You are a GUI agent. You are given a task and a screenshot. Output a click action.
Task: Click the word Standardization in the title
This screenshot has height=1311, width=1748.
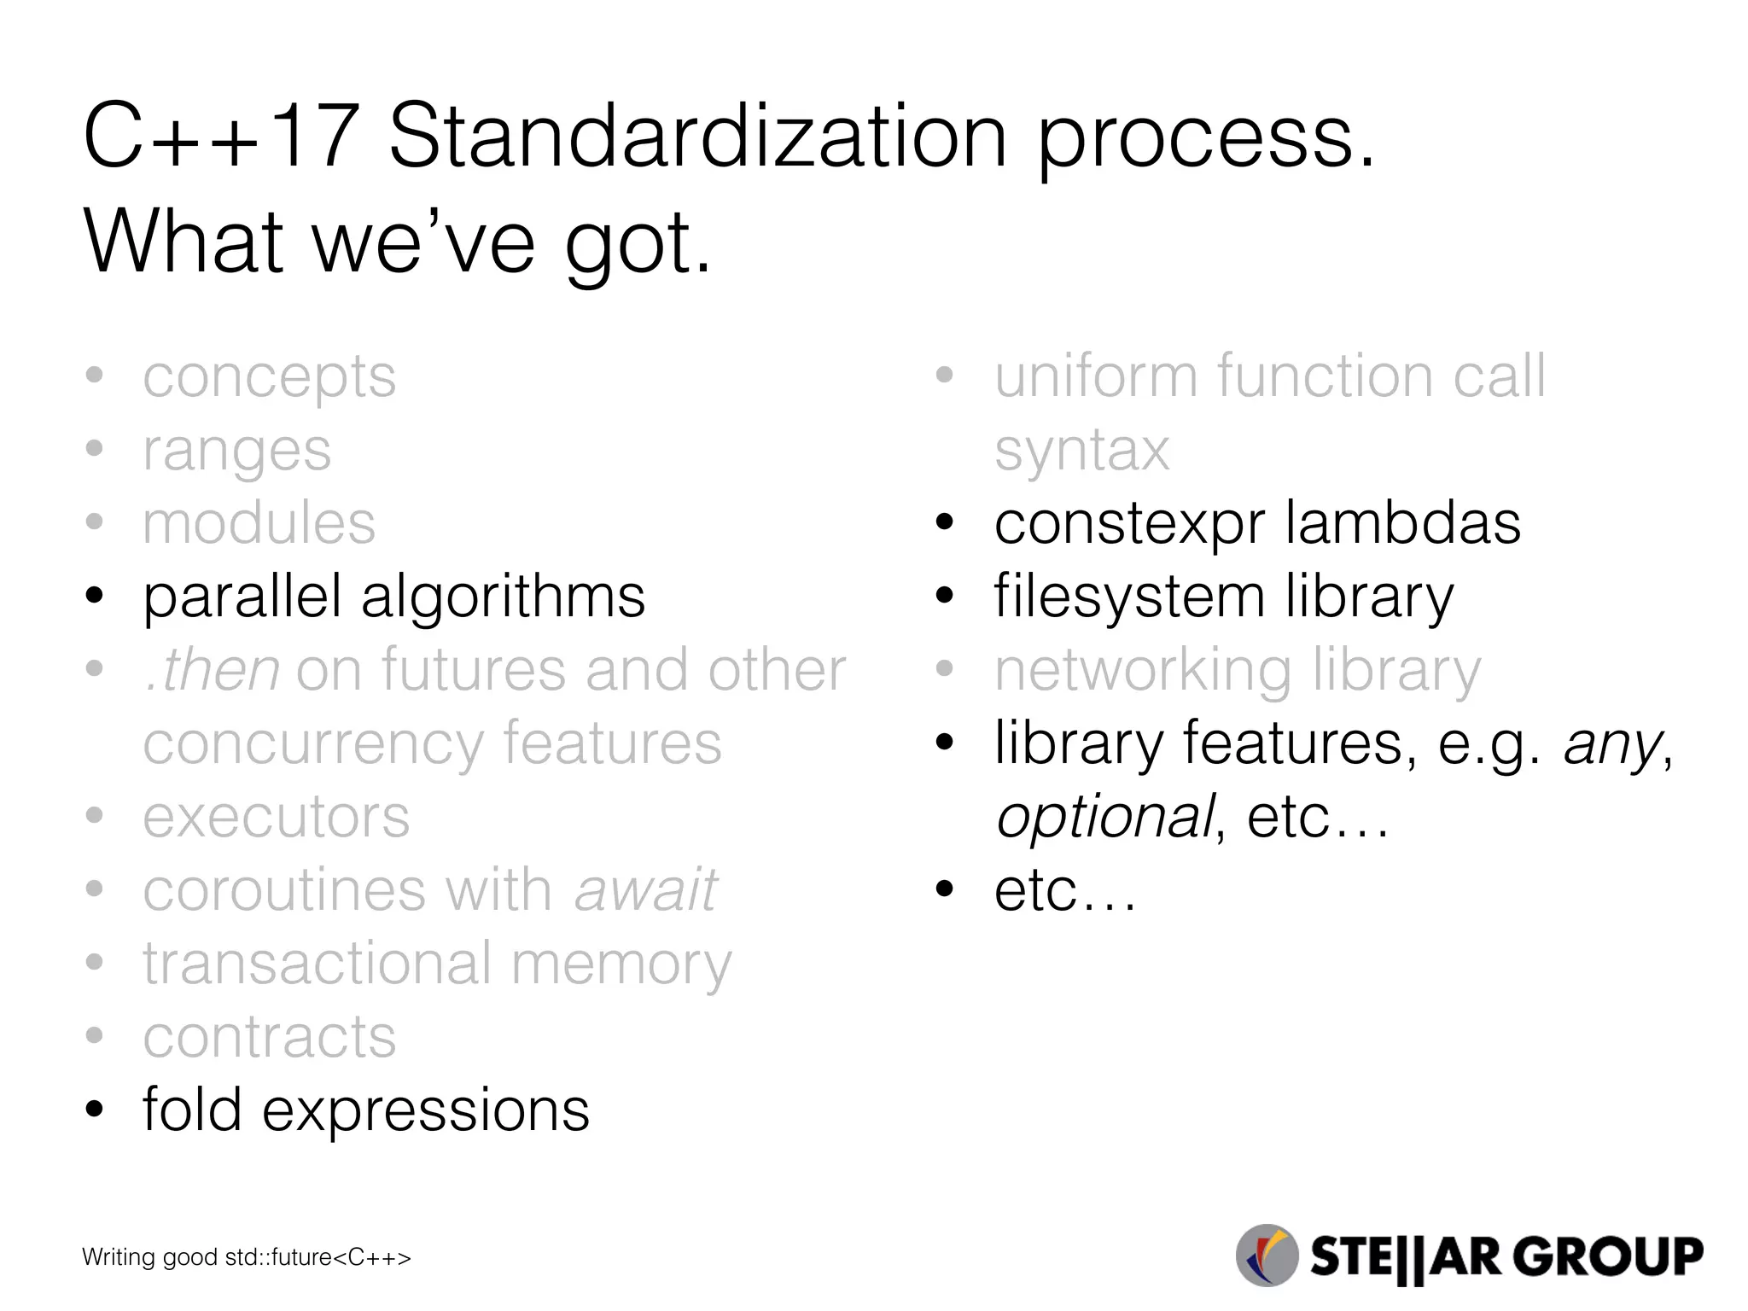click(x=697, y=137)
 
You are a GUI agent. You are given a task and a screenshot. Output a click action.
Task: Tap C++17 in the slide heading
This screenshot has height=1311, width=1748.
click(x=219, y=137)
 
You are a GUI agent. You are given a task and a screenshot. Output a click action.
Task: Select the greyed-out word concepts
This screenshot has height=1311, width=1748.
click(x=269, y=377)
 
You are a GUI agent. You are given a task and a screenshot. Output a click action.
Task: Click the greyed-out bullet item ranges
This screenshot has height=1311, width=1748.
click(x=236, y=451)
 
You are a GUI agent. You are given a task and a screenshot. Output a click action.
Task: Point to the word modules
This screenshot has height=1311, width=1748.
click(x=259, y=523)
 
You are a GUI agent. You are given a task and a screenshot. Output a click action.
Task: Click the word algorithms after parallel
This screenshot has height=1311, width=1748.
click(x=503, y=597)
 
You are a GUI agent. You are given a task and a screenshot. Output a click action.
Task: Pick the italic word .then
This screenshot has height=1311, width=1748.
click(x=213, y=670)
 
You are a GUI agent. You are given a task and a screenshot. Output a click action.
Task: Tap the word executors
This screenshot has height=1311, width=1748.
click(x=276, y=817)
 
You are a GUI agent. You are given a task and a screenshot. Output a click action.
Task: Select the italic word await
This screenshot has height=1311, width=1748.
click(x=645, y=890)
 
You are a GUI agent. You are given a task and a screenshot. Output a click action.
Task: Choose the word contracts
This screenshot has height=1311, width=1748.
click(x=269, y=1037)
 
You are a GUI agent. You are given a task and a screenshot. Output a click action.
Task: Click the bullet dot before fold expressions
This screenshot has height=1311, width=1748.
click(x=95, y=1110)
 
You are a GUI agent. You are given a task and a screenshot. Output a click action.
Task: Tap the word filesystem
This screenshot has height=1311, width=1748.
click(x=1129, y=597)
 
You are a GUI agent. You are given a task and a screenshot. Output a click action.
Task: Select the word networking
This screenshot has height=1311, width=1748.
click(x=1143, y=670)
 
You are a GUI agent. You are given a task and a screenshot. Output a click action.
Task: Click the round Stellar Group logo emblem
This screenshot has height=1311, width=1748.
click(x=1267, y=1256)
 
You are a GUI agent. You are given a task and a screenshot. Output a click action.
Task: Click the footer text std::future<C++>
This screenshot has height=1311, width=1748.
click(x=318, y=1257)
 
